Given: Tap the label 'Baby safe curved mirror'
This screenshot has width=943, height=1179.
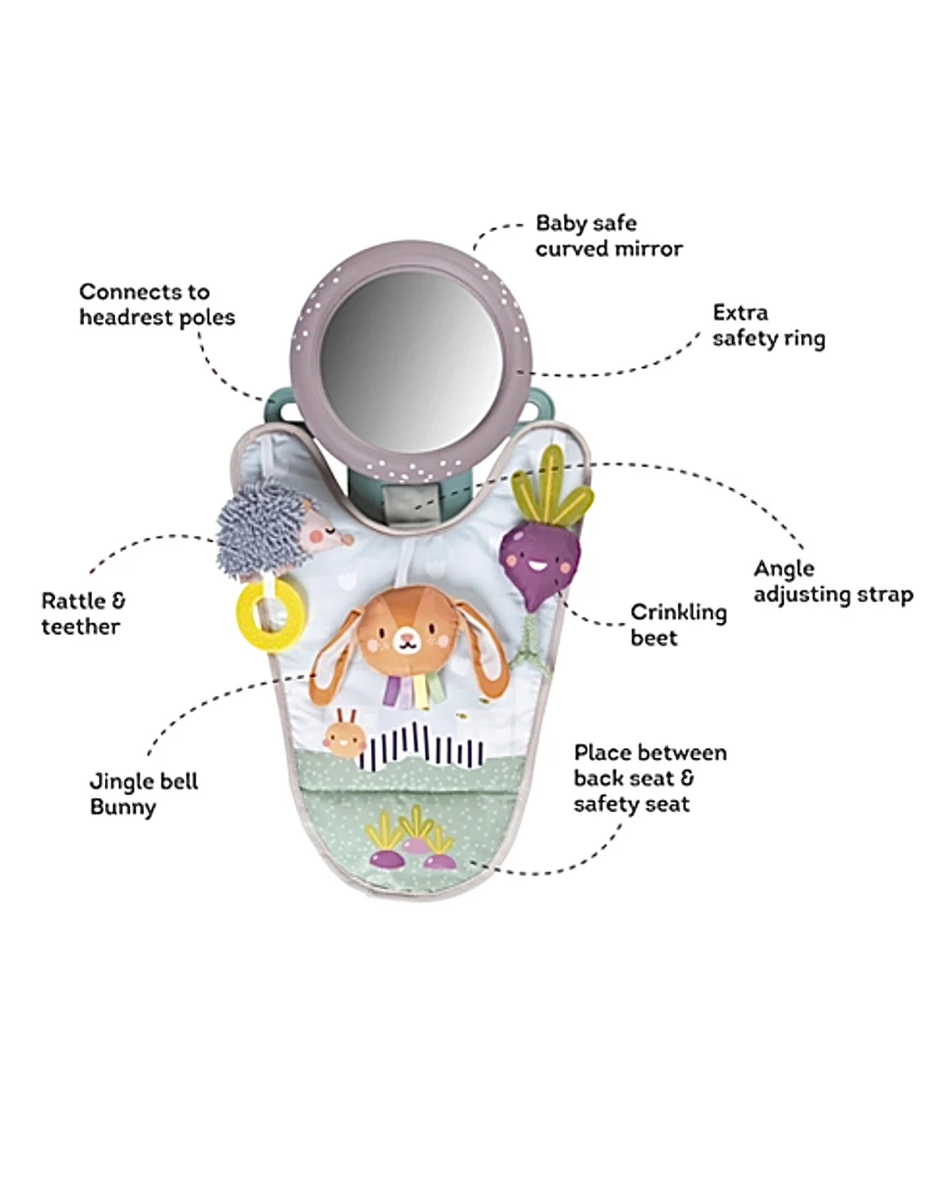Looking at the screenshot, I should pos(608,236).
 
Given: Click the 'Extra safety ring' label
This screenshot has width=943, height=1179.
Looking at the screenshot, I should pos(768,325).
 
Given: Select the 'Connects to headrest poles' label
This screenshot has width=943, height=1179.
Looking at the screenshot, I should pos(157,305).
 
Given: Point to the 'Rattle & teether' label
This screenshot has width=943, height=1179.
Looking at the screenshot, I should pos(83,613).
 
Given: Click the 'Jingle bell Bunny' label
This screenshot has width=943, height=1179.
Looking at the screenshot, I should pos(143,794).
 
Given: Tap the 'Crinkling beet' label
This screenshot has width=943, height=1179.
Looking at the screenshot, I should pos(678,625).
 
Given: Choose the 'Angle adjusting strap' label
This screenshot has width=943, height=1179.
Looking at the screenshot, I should pos(832,582).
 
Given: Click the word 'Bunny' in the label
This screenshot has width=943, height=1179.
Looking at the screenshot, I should pos(123,807).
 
